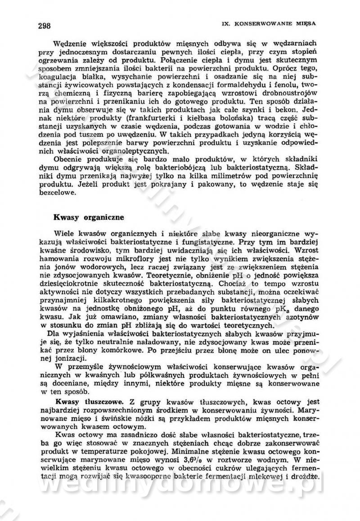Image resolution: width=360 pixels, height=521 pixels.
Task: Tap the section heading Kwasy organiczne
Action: [x=89, y=217]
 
